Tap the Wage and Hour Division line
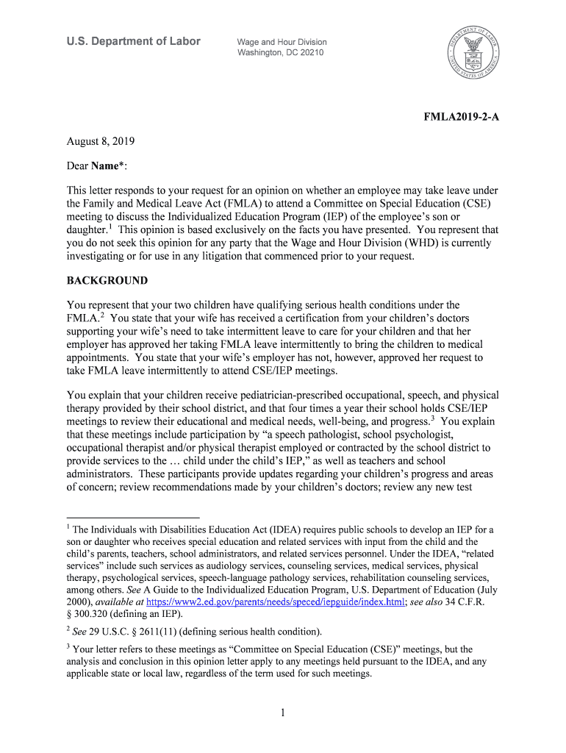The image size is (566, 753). [x=282, y=42]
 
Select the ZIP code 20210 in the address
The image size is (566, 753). [x=310, y=53]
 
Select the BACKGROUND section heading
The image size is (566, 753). [x=107, y=281]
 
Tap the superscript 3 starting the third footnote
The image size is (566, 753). [x=68, y=647]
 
